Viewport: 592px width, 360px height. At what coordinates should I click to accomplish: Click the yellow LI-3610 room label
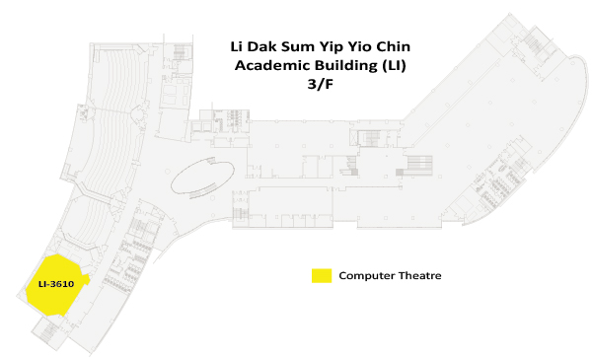[56, 284]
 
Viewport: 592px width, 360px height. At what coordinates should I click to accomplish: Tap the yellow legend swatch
[322, 275]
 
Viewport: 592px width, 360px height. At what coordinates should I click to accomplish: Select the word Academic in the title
[265, 65]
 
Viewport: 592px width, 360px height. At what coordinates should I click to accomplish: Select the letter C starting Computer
[342, 275]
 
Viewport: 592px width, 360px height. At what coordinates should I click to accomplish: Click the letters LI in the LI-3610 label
[42, 284]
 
